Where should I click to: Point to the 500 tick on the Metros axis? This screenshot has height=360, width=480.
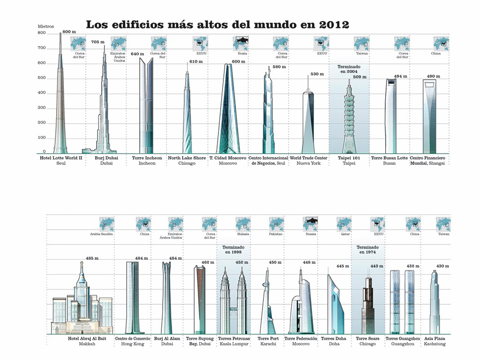click(x=42, y=78)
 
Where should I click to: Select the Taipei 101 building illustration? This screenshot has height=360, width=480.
click(x=349, y=117)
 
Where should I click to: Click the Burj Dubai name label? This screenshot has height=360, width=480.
click(x=106, y=158)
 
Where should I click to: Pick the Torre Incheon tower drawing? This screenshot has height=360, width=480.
click(x=146, y=106)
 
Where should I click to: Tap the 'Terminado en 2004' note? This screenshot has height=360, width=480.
click(x=349, y=69)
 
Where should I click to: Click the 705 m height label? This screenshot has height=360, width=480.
click(x=98, y=42)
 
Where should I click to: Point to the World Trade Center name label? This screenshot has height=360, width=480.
click(x=308, y=158)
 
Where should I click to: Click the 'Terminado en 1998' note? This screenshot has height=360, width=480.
click(x=233, y=250)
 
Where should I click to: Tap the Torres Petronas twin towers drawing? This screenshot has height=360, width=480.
click(x=233, y=301)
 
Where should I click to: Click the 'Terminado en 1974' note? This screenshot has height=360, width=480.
click(x=368, y=250)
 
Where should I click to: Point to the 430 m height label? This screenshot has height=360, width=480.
click(x=443, y=266)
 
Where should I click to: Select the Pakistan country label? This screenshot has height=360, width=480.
click(x=276, y=234)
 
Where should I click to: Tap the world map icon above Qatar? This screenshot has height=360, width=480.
click(x=344, y=223)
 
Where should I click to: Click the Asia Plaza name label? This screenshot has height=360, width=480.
click(x=434, y=338)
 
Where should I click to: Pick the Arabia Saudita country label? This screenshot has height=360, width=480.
click(x=102, y=234)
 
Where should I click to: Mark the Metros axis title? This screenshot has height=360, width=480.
click(x=46, y=26)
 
